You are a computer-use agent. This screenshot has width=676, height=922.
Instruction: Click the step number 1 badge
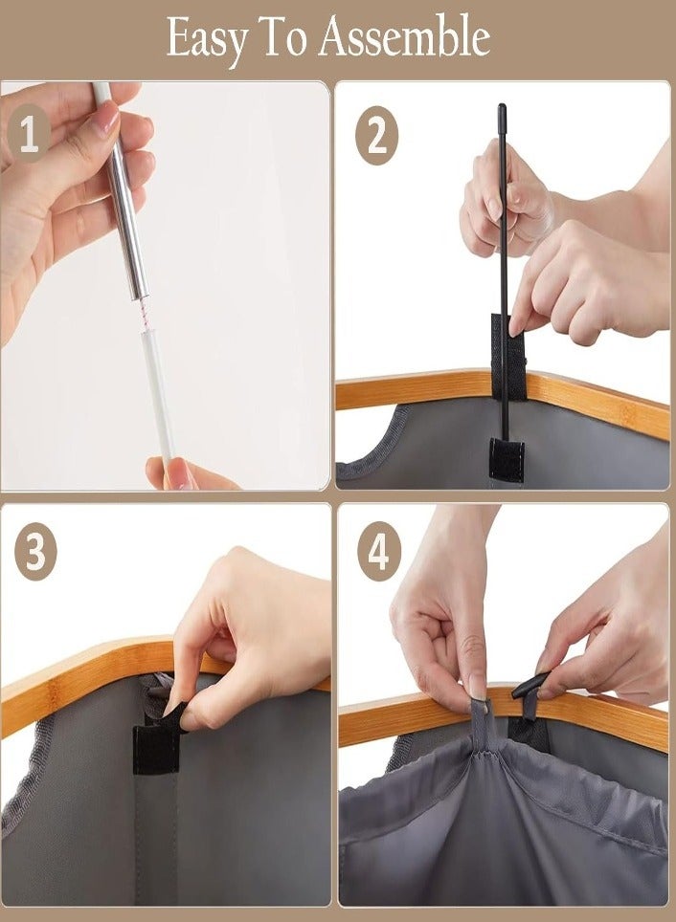29,134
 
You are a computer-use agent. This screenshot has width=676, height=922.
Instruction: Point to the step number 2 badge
377,135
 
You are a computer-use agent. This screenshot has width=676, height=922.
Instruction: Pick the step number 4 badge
378,551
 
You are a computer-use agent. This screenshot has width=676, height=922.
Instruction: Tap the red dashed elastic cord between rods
142,315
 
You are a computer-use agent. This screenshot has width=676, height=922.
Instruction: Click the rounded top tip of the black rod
502,108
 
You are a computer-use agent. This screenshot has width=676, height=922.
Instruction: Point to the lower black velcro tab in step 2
507,460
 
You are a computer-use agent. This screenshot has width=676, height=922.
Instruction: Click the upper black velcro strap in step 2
508,357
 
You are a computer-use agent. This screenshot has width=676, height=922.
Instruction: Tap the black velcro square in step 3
156,749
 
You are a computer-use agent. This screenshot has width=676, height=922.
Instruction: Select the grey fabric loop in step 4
481,724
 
